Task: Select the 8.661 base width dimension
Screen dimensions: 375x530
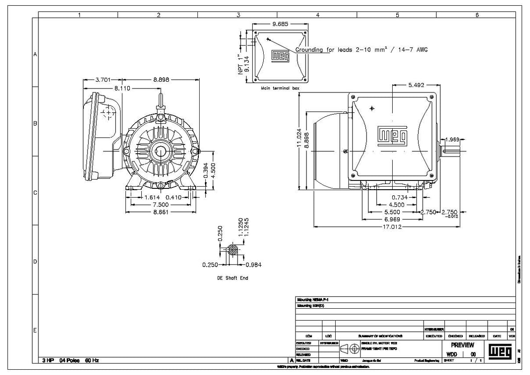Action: click(x=162, y=212)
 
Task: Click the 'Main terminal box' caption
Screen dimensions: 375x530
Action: click(x=280, y=88)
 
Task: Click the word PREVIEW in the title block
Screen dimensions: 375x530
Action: click(x=462, y=345)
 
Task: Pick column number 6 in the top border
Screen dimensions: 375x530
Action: click(x=477, y=15)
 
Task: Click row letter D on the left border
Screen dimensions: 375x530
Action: click(x=35, y=261)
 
